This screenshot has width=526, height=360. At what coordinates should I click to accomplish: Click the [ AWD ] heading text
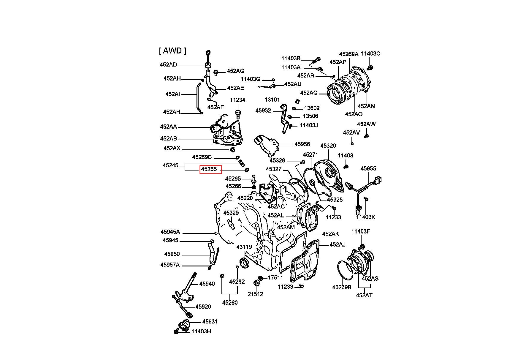pos(172,51)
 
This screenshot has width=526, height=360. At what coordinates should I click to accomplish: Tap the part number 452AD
pos(168,64)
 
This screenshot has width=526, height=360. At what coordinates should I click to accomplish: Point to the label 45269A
pos(349,54)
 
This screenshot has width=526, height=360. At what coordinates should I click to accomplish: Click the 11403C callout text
pos(370,53)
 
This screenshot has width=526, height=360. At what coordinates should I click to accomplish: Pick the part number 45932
pos(263,110)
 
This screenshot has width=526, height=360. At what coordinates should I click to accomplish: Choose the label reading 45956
pos(302,144)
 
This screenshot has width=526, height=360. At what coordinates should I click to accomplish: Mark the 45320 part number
pos(328,146)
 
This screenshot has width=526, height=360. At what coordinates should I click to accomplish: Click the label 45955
pos(368,168)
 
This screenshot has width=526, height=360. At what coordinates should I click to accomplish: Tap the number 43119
pos(244,247)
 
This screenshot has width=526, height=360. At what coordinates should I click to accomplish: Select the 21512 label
pos(256,294)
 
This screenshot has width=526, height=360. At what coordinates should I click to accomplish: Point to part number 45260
pos(230,303)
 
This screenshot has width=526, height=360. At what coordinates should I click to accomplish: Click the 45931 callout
pos(210,321)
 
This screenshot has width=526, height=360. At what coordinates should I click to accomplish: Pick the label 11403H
pos(201,331)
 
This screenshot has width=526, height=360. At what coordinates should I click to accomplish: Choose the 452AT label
pos(364,295)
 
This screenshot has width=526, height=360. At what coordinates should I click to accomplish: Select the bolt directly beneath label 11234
pos(238,114)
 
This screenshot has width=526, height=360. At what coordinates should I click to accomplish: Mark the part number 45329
pos(231,213)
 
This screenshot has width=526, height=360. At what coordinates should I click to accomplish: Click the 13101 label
pos(272,100)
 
